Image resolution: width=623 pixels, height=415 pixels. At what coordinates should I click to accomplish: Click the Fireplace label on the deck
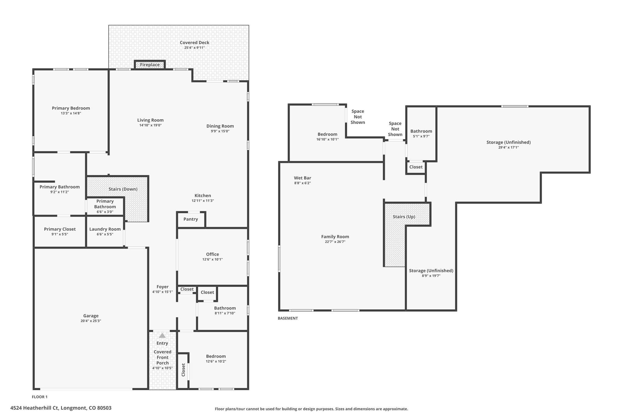click(x=150, y=65)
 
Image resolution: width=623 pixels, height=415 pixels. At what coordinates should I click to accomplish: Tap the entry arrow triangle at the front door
click(x=162, y=335)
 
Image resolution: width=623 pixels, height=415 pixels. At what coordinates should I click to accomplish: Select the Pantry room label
click(x=191, y=219)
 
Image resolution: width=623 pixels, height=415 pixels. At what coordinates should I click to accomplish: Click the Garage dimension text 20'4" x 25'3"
click(x=91, y=321)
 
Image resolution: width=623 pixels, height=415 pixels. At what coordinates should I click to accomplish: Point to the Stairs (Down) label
click(x=123, y=189)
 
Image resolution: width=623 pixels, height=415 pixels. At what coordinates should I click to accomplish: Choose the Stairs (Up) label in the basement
click(x=404, y=217)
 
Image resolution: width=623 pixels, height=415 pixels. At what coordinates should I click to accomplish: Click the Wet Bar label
click(x=302, y=178)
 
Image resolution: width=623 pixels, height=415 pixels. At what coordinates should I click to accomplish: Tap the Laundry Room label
click(x=105, y=229)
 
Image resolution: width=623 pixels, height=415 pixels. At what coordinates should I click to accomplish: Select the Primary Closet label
click(x=60, y=229)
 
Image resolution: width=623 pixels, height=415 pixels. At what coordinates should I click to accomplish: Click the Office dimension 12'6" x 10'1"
click(x=212, y=259)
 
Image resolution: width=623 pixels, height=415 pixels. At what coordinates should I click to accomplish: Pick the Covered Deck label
click(x=194, y=43)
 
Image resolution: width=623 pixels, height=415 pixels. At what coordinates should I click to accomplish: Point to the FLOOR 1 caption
click(x=40, y=397)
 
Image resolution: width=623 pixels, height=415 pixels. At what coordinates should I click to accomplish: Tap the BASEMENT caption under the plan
click(x=287, y=318)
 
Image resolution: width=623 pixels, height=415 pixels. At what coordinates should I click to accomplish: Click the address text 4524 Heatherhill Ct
click(x=61, y=408)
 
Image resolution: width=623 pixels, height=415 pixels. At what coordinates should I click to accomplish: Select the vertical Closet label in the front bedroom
click(x=183, y=370)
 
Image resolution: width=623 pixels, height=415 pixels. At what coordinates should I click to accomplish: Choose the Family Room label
click(x=335, y=237)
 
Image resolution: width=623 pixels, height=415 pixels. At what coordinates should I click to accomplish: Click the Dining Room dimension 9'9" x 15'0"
click(x=220, y=131)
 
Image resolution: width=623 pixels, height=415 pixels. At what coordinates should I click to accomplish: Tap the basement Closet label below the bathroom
click(x=416, y=167)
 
